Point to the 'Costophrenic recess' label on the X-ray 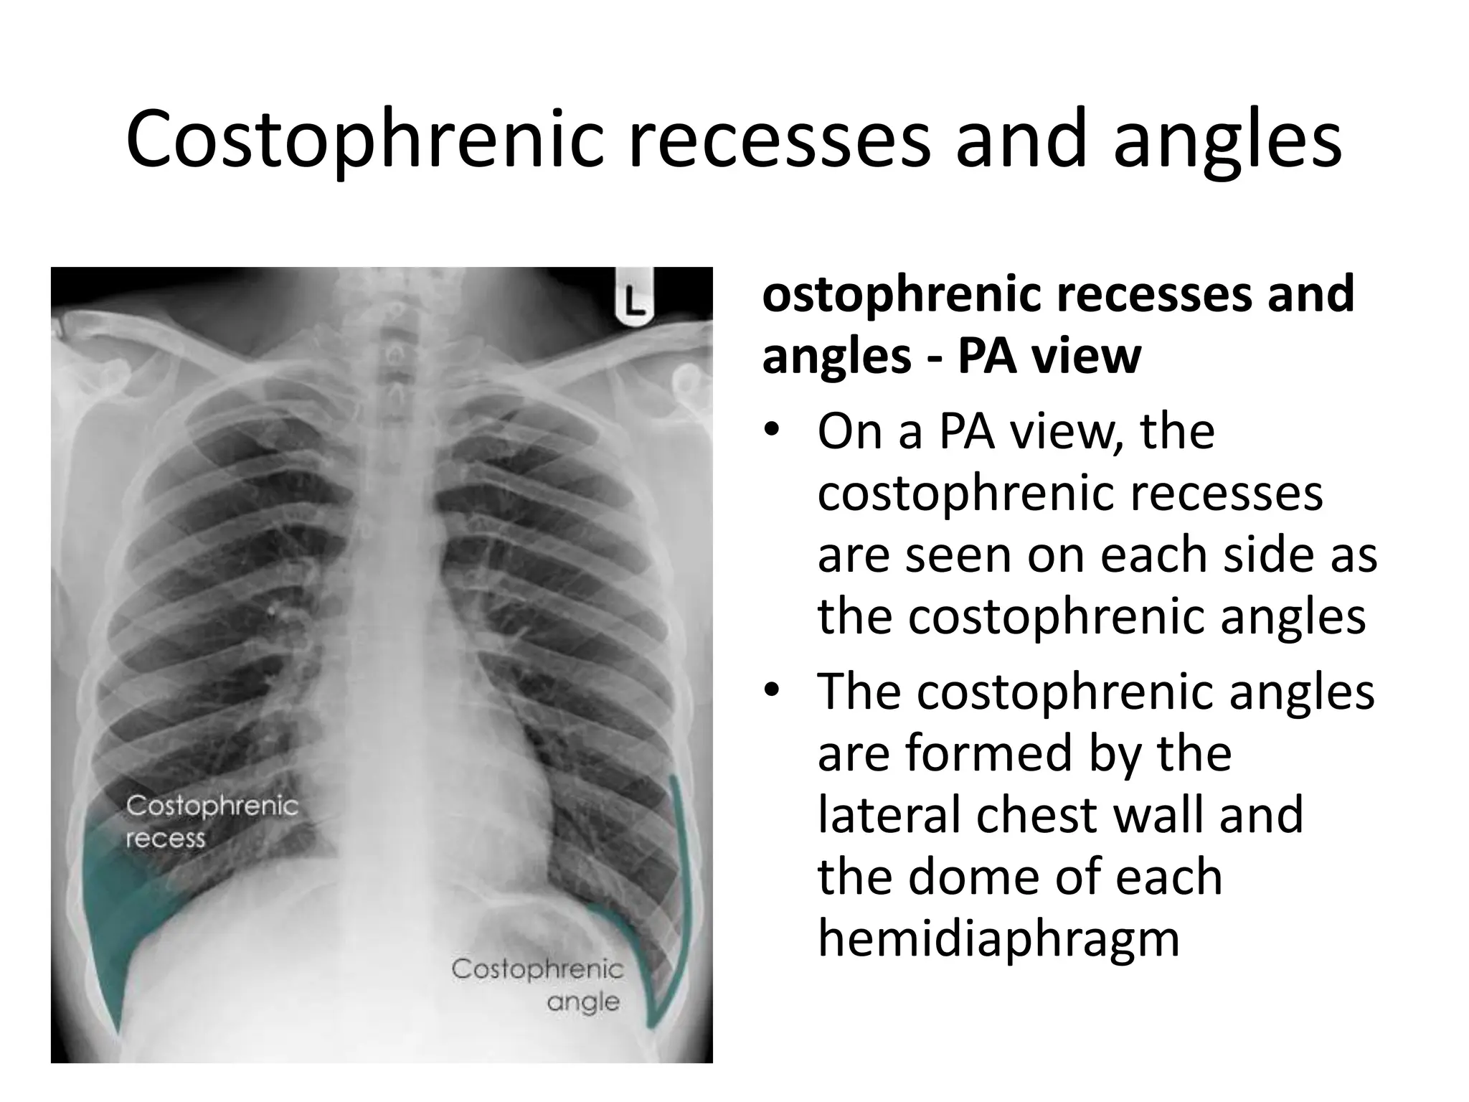[212, 821]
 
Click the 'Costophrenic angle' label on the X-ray [538, 984]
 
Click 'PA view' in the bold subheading [1049, 356]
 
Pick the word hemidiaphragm [998, 940]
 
